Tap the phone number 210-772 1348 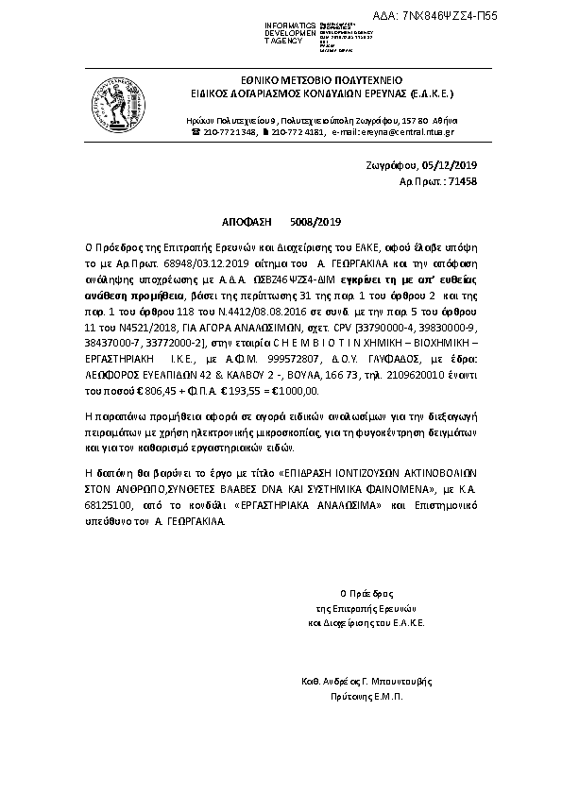(229, 133)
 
